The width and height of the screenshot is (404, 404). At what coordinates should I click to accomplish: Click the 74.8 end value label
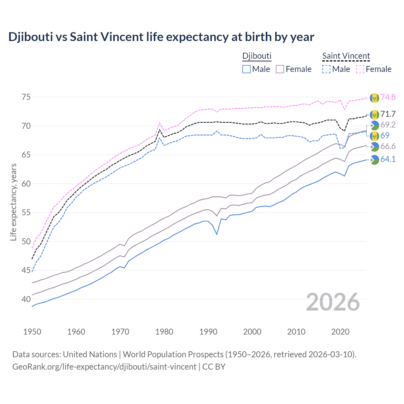click(388, 97)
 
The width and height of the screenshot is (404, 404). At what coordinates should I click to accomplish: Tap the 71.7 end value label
click(388, 114)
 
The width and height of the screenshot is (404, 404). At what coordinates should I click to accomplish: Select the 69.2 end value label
click(388, 125)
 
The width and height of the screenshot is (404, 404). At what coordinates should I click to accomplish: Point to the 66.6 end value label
click(388, 146)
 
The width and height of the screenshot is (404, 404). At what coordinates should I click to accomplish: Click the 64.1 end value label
click(388, 159)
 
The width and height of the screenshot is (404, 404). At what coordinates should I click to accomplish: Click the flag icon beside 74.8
click(374, 98)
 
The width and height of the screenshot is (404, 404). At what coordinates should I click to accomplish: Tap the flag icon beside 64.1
click(374, 160)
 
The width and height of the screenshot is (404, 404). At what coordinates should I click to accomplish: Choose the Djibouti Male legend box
click(247, 69)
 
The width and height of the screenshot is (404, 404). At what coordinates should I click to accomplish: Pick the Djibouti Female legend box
click(280, 69)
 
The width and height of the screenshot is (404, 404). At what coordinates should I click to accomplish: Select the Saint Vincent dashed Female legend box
click(360, 69)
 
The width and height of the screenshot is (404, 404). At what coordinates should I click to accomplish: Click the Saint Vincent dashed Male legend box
click(326, 69)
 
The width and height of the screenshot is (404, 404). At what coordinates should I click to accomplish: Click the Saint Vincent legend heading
click(346, 56)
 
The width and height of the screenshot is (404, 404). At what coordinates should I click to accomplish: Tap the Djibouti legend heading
click(257, 56)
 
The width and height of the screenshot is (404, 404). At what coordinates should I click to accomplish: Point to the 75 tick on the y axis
click(26, 97)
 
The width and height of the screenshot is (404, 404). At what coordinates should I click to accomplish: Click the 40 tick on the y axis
click(26, 299)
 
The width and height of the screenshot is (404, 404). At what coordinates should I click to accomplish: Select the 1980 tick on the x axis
click(164, 332)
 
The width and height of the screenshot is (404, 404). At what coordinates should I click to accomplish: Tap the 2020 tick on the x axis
click(340, 332)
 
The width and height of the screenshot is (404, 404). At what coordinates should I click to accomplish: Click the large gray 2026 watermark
click(333, 302)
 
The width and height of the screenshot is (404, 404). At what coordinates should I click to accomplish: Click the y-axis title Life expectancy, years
click(13, 202)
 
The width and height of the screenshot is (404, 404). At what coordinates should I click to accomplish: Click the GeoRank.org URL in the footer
click(104, 367)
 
